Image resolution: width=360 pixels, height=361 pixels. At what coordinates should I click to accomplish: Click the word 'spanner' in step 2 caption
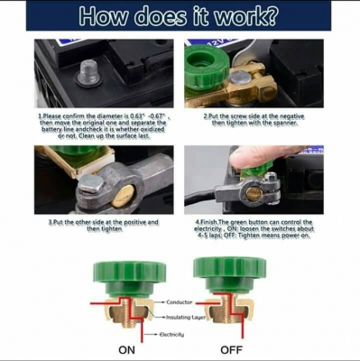point(289,124)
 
